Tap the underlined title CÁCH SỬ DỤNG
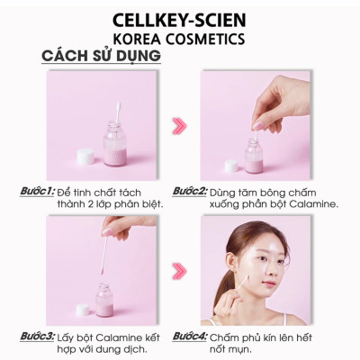(x=101, y=58)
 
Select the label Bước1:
(x=38, y=192)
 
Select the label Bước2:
(x=190, y=192)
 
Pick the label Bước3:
(x=38, y=337)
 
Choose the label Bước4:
(x=190, y=337)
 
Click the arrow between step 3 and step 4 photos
(x=179, y=269)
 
